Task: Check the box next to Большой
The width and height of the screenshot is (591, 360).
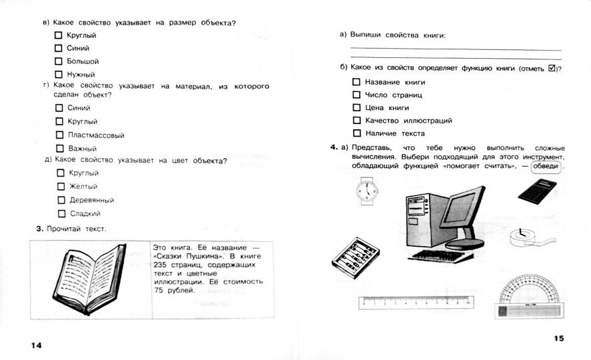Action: point(59,61)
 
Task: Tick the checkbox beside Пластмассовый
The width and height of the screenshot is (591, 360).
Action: point(59,135)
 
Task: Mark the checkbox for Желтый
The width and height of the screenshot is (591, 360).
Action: point(61,187)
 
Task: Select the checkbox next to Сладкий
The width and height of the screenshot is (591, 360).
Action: point(62,214)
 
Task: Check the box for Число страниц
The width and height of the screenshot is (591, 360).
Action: point(356,95)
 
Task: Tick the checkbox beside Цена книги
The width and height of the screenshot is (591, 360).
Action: point(356,107)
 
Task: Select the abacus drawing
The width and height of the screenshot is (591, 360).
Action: point(355,257)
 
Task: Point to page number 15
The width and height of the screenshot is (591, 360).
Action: point(558,339)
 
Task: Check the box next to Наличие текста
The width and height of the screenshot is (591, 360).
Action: point(356,133)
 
